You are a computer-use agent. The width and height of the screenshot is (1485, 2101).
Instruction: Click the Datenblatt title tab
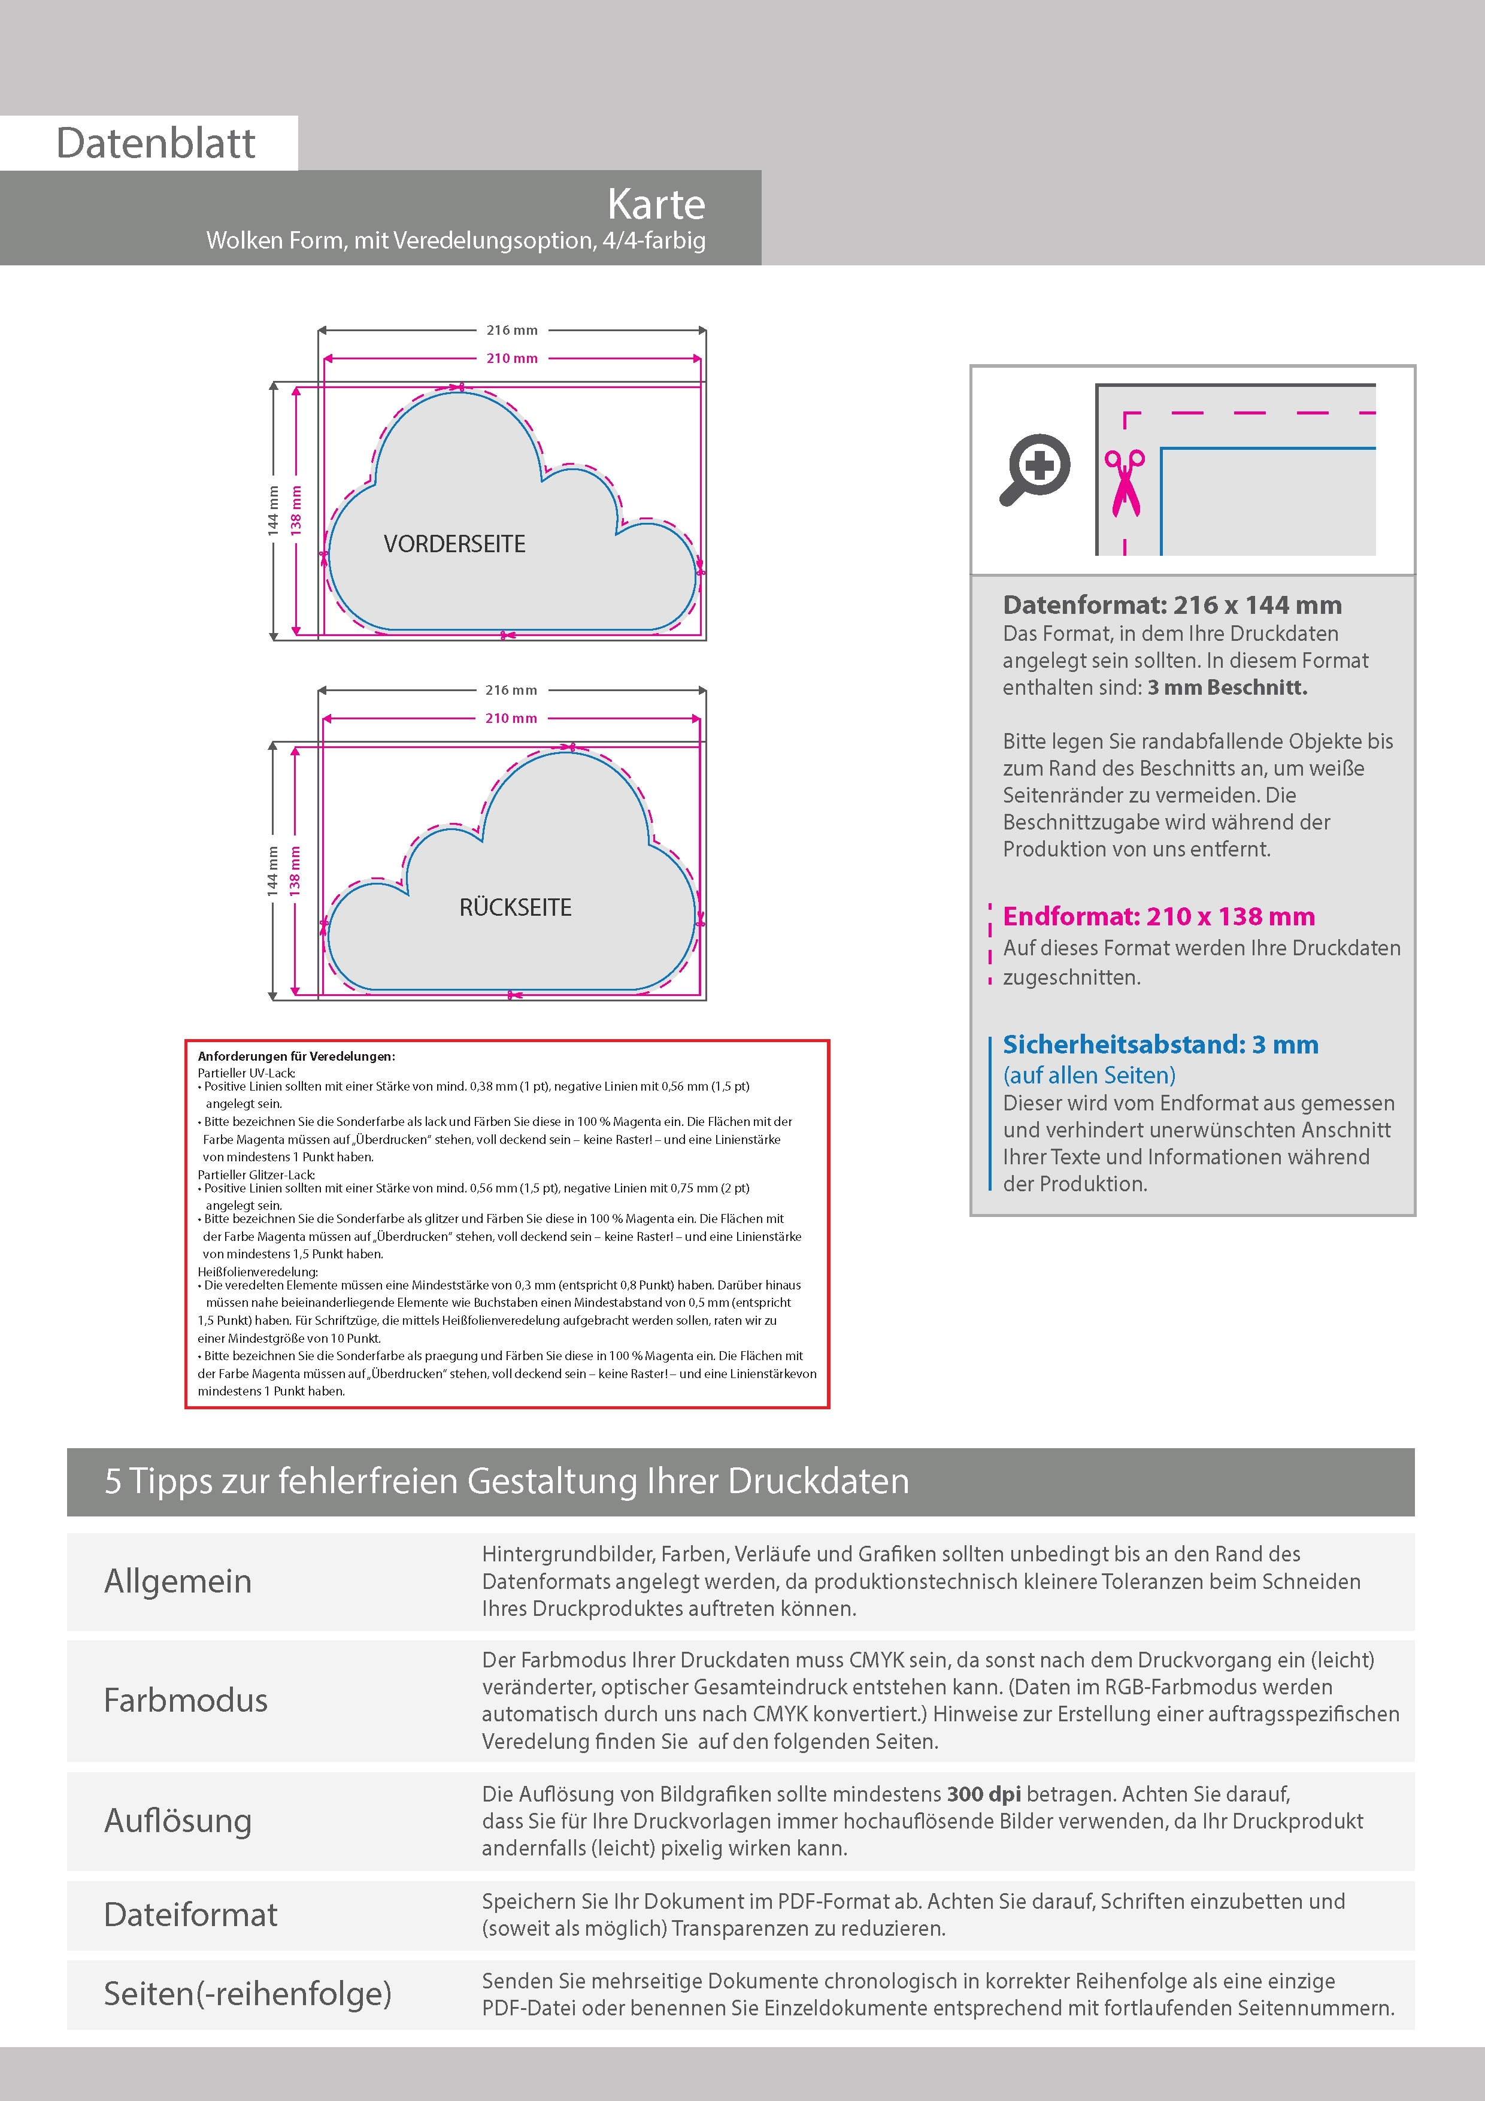pos(156,143)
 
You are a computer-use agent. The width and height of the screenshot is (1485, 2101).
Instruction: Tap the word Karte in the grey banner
pos(656,204)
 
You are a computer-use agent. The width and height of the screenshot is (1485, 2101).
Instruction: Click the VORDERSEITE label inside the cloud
pos(454,544)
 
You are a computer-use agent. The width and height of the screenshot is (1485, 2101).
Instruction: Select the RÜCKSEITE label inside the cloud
pos(515,907)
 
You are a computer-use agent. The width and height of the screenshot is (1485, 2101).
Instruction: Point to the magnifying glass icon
pos(1035,468)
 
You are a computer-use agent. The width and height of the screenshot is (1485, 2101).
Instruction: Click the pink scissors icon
pos(1125,482)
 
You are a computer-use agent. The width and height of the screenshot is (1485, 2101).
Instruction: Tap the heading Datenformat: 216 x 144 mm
pos(1172,605)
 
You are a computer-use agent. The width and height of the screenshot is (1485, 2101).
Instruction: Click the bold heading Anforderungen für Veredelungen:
pos(296,1056)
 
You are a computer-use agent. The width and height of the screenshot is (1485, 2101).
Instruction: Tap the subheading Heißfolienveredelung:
pos(258,1271)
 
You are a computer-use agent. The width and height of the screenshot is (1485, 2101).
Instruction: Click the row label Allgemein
pos(177,1581)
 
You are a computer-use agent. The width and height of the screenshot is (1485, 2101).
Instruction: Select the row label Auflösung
pos(177,1821)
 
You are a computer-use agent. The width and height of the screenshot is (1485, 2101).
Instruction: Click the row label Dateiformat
pos(190,1914)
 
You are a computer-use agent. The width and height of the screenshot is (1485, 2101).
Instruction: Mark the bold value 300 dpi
pos(984,1794)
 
